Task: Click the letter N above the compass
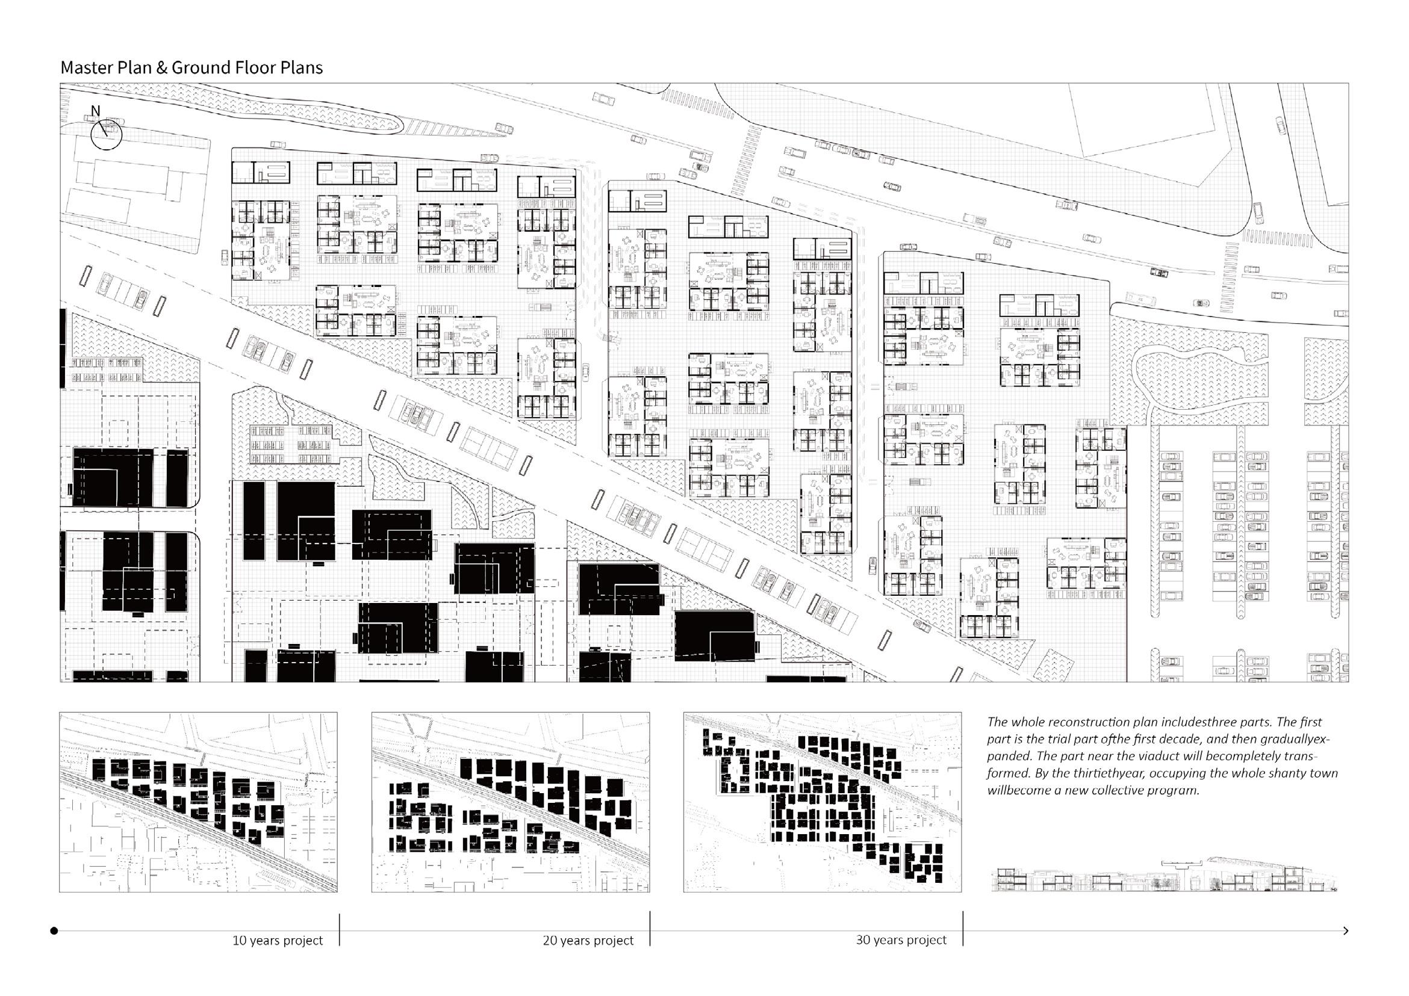click(95, 111)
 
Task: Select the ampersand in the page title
click(161, 67)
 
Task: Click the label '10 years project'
click(278, 940)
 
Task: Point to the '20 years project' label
click(588, 940)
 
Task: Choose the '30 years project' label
click(901, 939)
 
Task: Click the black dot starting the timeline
click(54, 931)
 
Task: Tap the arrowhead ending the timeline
click(1345, 931)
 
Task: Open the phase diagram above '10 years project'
click(198, 802)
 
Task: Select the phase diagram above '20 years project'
click(510, 802)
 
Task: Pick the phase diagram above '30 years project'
click(823, 802)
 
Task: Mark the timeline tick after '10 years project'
click(340, 930)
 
